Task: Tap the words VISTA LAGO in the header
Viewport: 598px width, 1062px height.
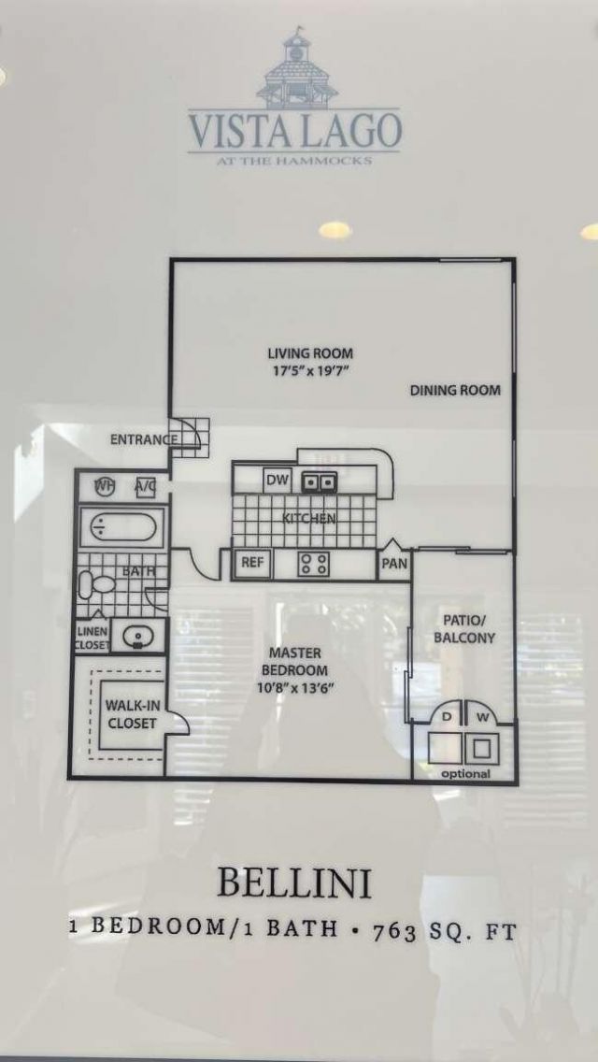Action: tap(295, 130)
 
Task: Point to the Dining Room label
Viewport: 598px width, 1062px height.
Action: tap(455, 390)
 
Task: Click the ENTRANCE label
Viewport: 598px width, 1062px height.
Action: tap(144, 439)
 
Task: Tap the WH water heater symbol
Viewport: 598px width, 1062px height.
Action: tap(106, 486)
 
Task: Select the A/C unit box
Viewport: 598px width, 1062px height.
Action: tap(145, 486)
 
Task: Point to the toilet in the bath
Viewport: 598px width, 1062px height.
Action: tap(97, 585)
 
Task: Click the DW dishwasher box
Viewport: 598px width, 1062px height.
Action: tap(277, 481)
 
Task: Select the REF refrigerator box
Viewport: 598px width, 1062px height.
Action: tap(252, 562)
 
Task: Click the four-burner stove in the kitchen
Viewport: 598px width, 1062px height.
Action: tap(313, 563)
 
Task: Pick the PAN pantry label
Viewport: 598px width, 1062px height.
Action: tap(394, 564)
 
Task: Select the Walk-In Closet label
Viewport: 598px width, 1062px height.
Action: tap(130, 714)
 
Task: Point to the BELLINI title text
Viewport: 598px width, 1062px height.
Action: tap(293, 883)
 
